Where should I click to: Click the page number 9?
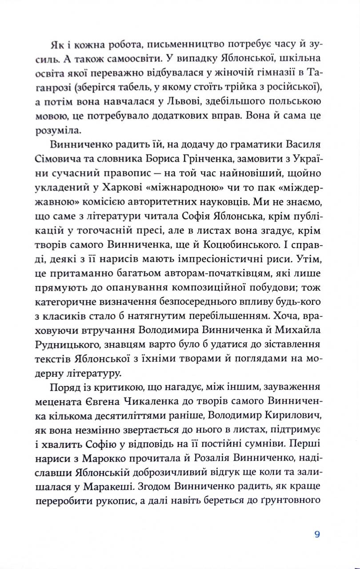click(x=316, y=535)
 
